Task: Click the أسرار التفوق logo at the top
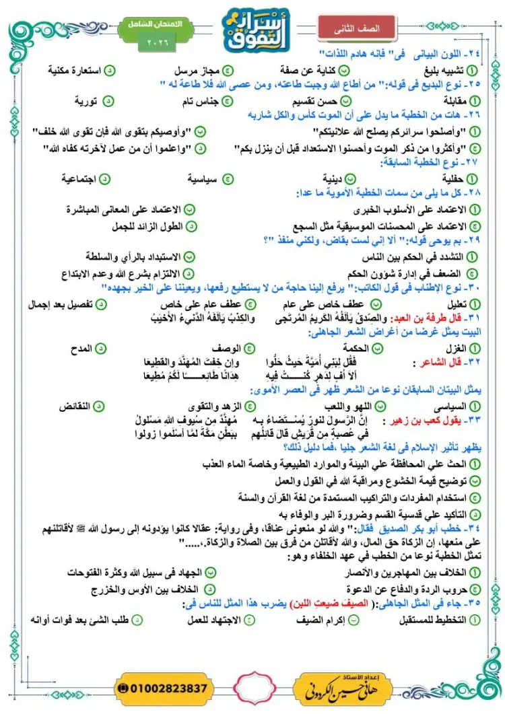point(254,28)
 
